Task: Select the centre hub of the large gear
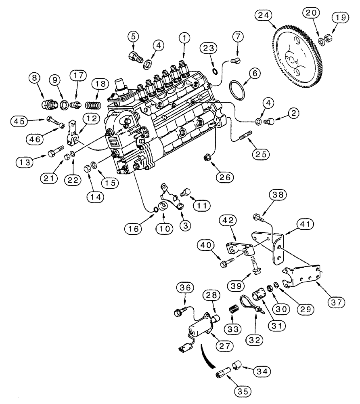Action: coord(291,59)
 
